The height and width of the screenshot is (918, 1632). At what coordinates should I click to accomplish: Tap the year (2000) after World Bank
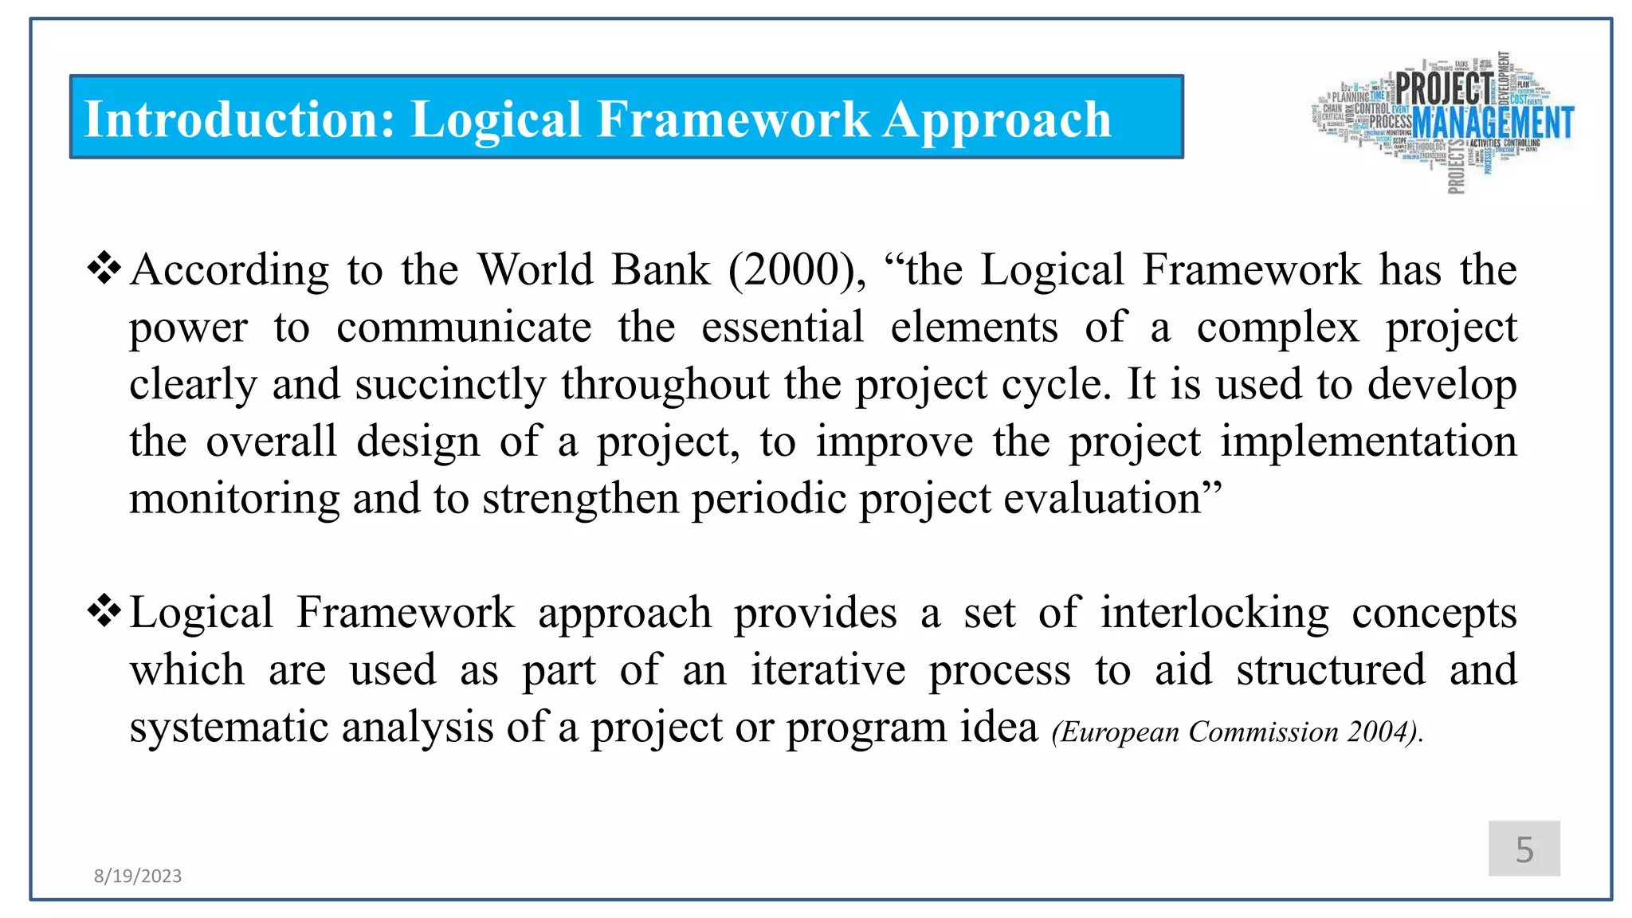coord(797,269)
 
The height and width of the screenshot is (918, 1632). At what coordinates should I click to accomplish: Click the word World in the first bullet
coord(535,269)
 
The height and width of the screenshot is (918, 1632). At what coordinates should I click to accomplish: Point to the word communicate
coord(464,328)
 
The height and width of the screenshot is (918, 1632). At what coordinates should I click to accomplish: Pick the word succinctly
coord(450,385)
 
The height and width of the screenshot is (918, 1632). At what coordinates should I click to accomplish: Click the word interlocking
coord(1214,613)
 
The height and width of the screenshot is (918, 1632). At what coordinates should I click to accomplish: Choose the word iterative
coord(827,669)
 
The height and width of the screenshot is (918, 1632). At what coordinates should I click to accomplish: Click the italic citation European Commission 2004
coord(1237,732)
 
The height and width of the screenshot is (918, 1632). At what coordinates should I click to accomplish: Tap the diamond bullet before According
coord(104,269)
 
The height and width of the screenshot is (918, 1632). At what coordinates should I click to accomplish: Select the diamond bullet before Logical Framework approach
coord(104,612)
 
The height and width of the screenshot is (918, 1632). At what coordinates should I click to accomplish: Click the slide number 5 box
coord(1524,849)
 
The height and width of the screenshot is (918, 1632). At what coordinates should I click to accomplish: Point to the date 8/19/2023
coord(138,876)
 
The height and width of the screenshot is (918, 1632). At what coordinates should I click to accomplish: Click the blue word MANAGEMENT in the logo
coord(1493,123)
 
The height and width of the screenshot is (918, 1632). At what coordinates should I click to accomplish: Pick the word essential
coord(782,328)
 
